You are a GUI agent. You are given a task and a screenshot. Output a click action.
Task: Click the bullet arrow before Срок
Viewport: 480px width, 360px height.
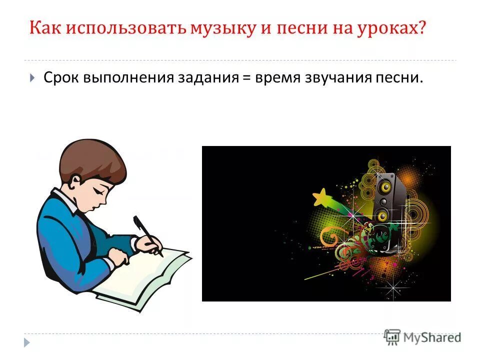pyautogui.click(x=32, y=78)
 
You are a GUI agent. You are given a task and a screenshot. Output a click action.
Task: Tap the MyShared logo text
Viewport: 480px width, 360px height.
pyautogui.click(x=432, y=337)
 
